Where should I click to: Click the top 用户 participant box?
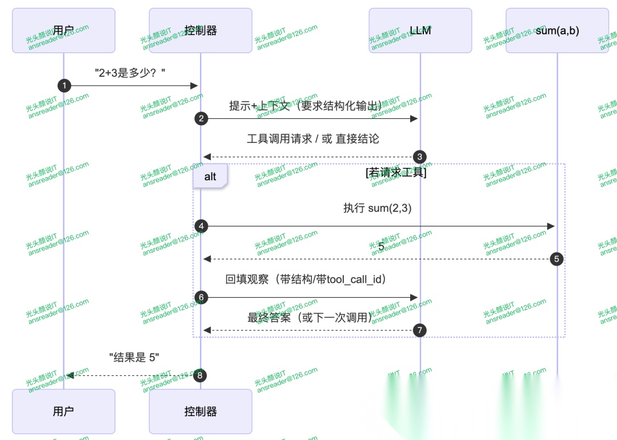click(x=63, y=30)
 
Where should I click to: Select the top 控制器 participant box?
click(x=201, y=30)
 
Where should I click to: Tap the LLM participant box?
click(x=420, y=30)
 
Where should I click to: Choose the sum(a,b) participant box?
click(x=557, y=30)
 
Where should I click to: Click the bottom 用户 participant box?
click(x=63, y=411)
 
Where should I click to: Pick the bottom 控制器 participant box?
click(x=201, y=411)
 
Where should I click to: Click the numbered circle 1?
click(x=64, y=86)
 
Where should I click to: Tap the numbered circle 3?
click(x=420, y=157)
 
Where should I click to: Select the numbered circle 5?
click(x=557, y=259)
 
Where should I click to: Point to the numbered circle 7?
click(x=420, y=330)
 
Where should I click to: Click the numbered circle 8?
click(x=200, y=375)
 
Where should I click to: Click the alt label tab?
click(x=210, y=177)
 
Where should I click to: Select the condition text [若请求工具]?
click(x=396, y=172)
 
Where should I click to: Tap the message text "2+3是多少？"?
click(x=130, y=73)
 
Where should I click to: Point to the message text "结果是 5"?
click(x=134, y=358)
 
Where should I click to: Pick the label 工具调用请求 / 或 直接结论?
click(x=312, y=139)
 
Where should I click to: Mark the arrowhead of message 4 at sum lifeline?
click(x=551, y=226)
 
